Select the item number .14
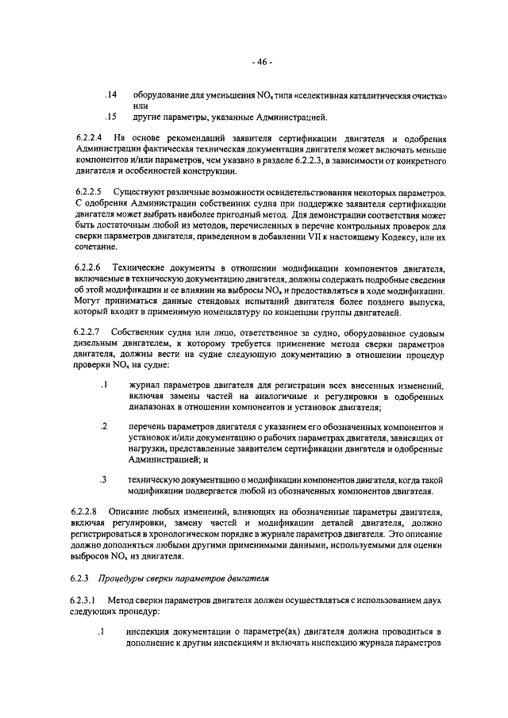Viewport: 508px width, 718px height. tap(111, 95)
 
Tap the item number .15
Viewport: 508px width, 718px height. tap(111, 118)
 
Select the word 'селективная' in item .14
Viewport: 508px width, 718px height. tap(334, 95)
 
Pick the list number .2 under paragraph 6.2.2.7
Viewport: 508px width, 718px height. tap(103, 427)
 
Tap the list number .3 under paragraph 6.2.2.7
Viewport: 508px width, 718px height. tap(103, 479)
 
